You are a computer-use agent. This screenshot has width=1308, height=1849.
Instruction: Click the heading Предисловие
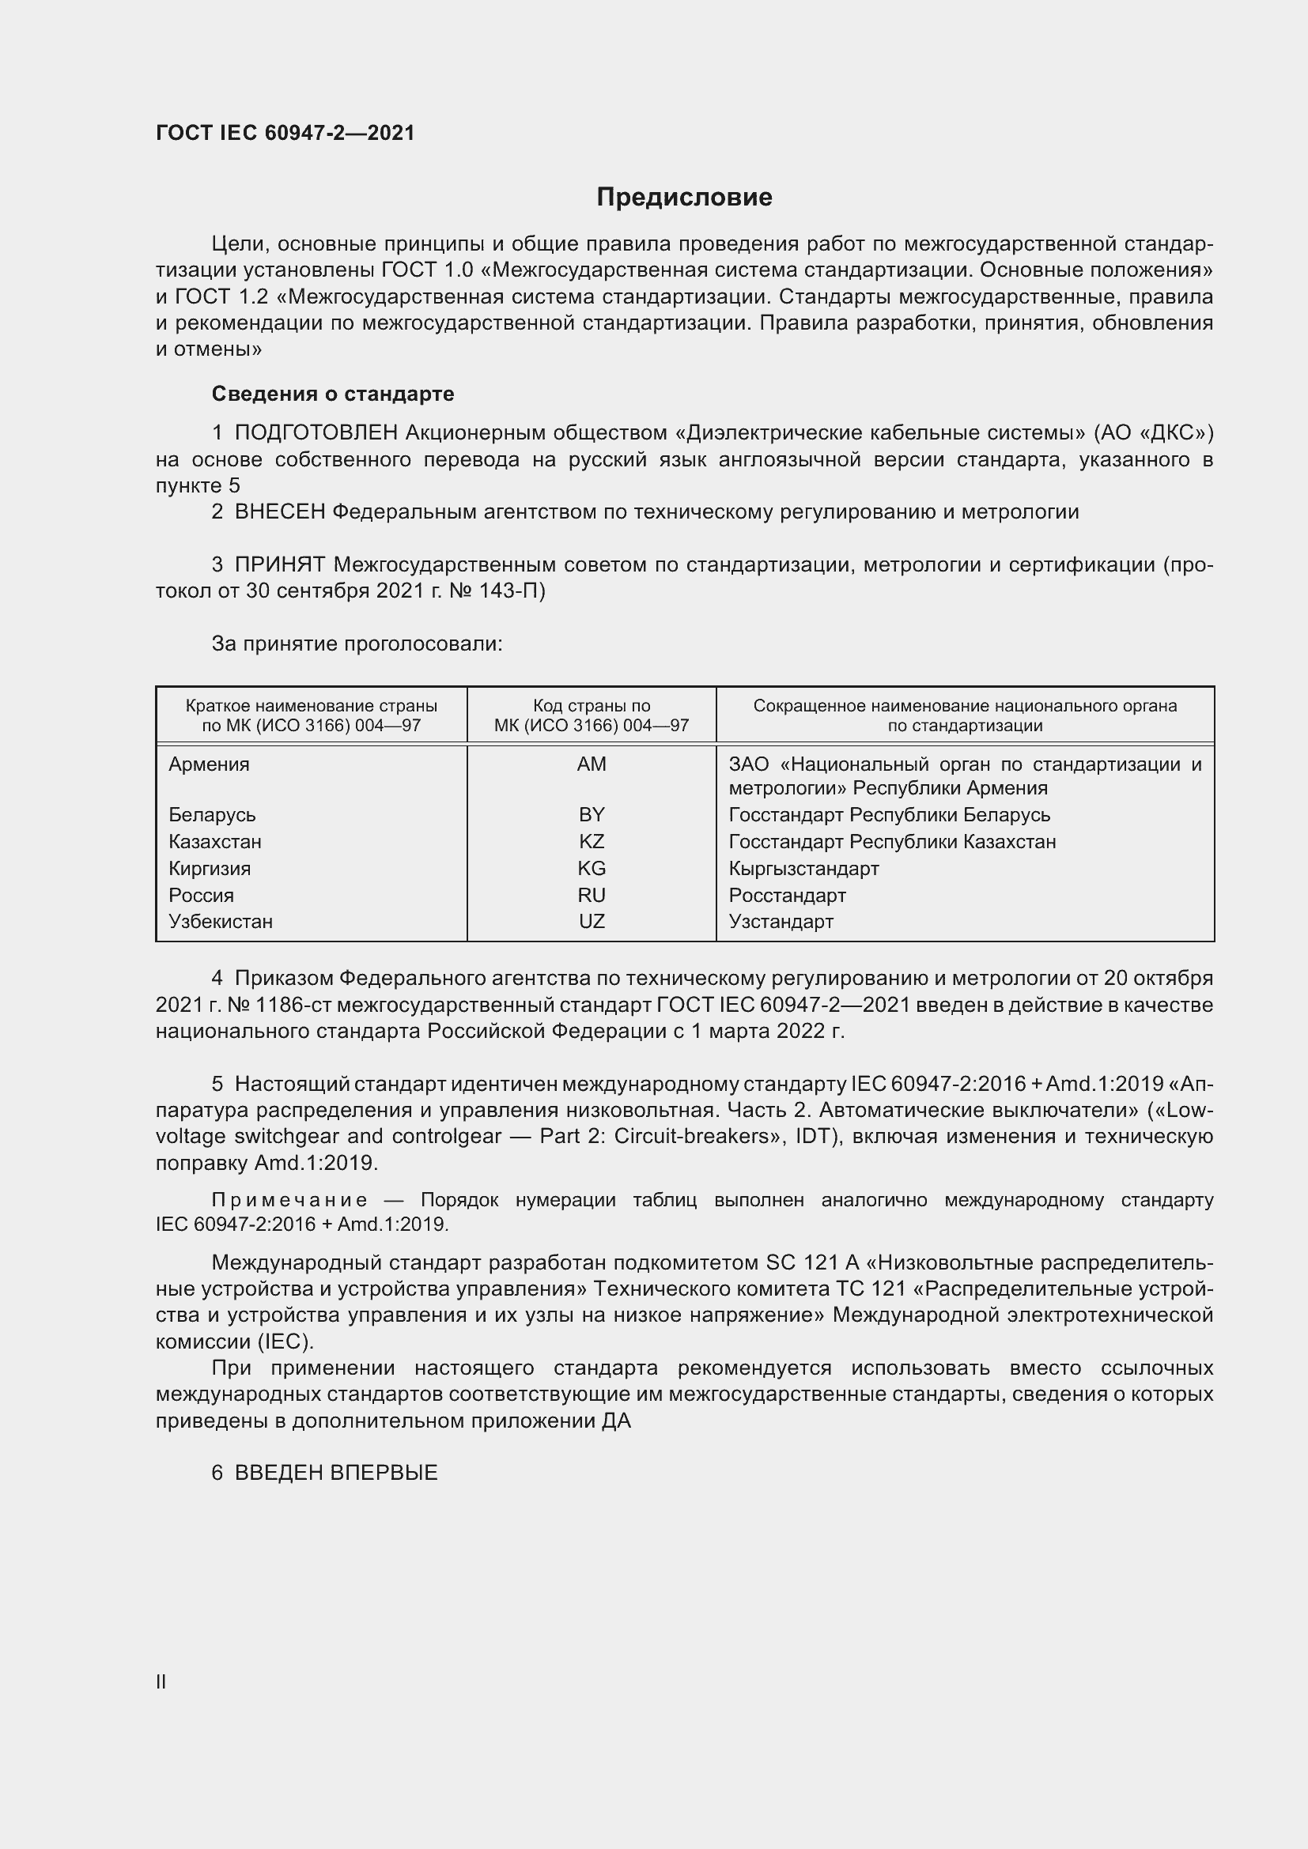click(684, 198)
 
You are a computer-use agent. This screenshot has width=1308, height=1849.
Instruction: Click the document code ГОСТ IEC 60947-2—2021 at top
click(285, 133)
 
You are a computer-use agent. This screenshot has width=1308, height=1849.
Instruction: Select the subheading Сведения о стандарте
click(333, 394)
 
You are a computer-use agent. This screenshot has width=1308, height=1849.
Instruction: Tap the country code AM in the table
click(592, 764)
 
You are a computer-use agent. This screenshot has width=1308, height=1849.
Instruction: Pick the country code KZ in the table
click(592, 842)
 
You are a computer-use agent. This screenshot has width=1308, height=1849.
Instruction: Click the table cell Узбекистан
click(221, 921)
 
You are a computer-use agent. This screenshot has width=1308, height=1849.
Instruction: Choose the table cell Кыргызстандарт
click(803, 868)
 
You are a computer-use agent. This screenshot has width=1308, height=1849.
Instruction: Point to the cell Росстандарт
click(787, 896)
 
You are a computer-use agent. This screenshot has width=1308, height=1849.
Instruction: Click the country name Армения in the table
click(209, 764)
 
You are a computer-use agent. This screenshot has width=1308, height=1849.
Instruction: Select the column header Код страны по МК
click(592, 715)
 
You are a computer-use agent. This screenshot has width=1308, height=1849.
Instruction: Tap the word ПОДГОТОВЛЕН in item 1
click(316, 433)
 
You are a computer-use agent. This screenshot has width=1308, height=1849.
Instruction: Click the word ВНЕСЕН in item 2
click(279, 512)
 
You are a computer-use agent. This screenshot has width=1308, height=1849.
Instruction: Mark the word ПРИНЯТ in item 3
click(279, 565)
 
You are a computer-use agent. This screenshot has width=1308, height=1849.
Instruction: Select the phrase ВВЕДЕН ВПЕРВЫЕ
click(336, 1473)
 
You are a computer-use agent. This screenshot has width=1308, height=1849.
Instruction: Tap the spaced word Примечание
click(290, 1200)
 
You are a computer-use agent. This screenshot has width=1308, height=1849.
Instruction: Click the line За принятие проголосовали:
click(357, 644)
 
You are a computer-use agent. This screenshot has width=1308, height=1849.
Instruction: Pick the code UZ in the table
click(592, 921)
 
